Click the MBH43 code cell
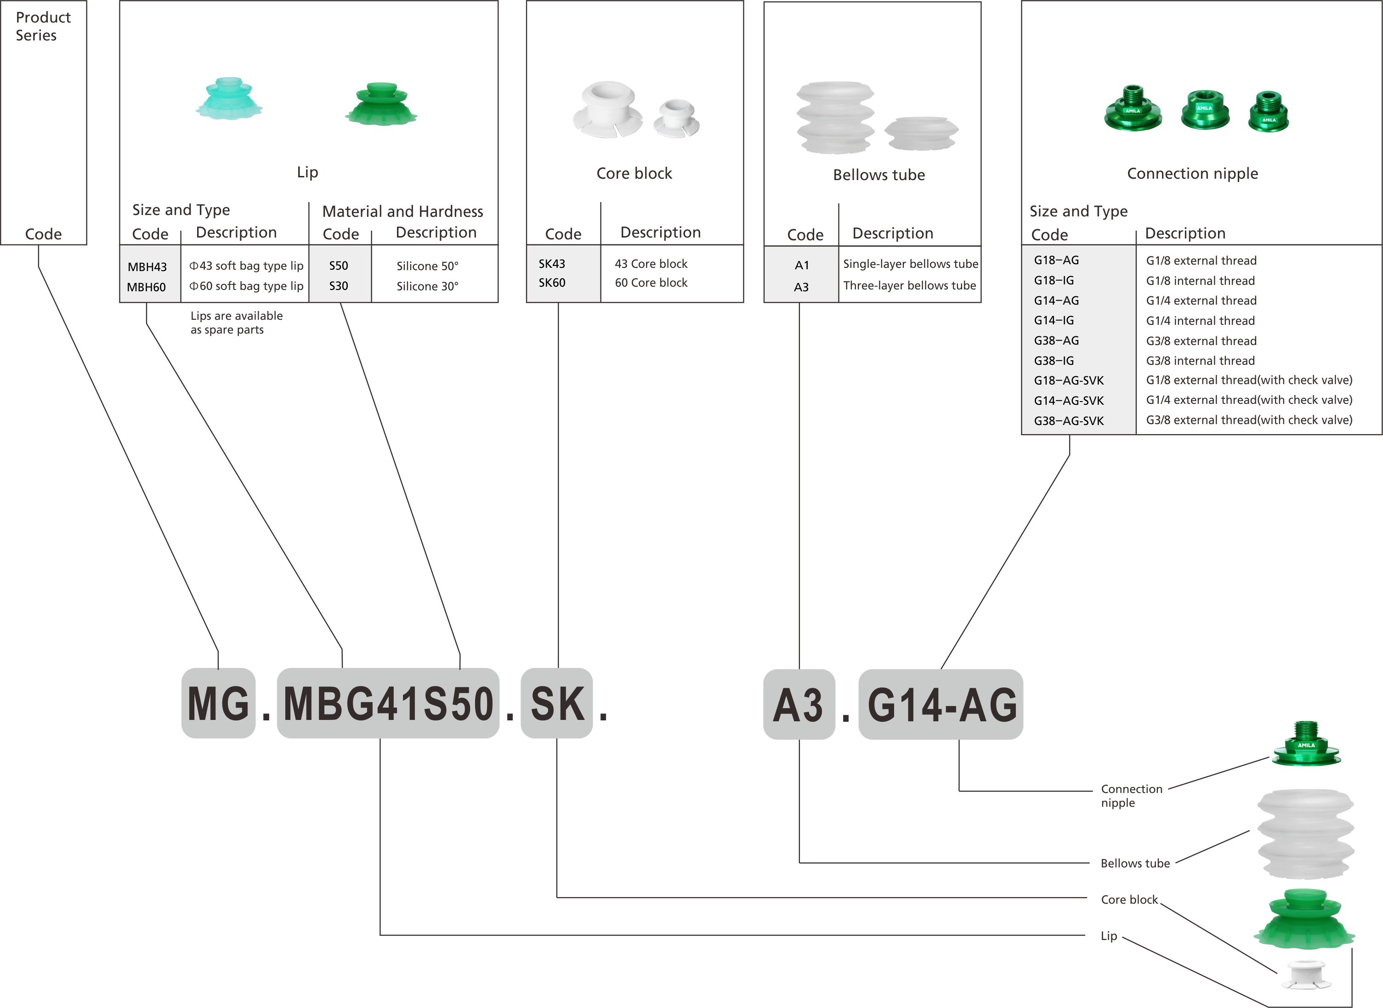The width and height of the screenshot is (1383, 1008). point(147,266)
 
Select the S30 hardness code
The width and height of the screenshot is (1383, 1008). point(339,286)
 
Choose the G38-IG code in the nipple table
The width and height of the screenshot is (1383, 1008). point(1054,361)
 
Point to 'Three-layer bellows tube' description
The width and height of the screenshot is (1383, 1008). point(909,286)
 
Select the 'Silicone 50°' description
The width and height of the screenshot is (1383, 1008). point(427,266)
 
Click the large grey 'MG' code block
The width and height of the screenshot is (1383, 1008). point(218,703)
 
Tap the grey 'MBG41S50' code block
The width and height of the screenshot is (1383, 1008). point(388,703)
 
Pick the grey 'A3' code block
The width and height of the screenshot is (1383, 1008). point(799,705)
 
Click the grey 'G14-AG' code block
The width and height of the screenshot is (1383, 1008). point(941,705)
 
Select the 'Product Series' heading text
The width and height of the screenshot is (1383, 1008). point(43,26)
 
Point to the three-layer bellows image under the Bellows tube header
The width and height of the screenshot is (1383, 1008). point(835,117)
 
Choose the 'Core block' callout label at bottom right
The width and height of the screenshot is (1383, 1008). point(1128,900)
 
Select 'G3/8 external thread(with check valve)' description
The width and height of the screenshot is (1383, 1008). point(1249,420)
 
